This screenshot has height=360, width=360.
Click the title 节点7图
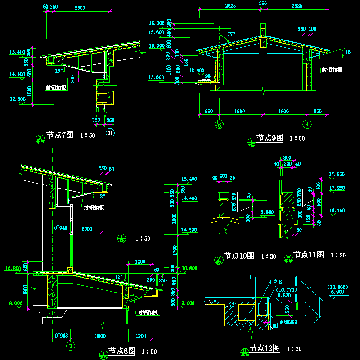tap(60, 135)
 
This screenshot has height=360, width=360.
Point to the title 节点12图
tap(265, 348)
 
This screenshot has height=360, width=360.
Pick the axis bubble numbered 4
tap(307, 124)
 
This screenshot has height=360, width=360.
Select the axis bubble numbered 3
tap(71, 346)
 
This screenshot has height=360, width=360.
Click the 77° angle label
tap(231, 35)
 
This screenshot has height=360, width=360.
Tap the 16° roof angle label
tap(348, 52)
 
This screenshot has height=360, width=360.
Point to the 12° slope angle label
tap(119, 276)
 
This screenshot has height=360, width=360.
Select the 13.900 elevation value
tap(197, 71)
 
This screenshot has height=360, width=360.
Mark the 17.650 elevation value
tap(337, 174)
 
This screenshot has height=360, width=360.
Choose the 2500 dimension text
tap(80, 8)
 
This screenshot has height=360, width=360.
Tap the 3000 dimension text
tap(100, 336)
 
